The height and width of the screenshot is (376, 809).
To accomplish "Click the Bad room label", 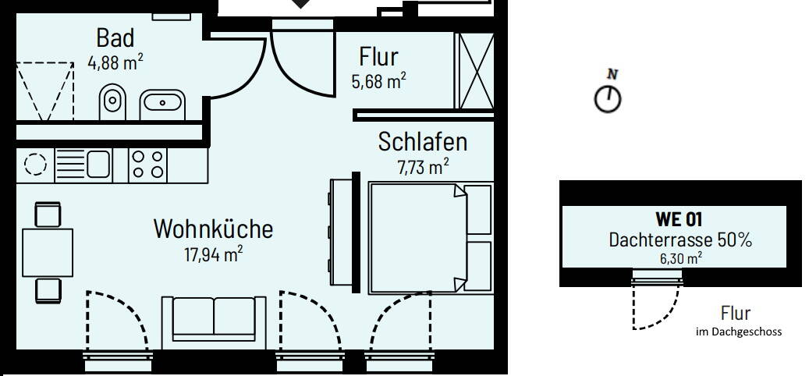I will pyautogui.click(x=115, y=37).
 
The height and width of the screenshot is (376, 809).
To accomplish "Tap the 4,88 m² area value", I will pyautogui.click(x=116, y=62).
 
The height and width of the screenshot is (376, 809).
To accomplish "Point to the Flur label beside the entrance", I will pyautogui.click(x=378, y=56).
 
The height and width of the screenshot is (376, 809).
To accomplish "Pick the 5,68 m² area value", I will pyautogui.click(x=379, y=80).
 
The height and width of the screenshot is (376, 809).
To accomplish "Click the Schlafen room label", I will pyautogui.click(x=422, y=142).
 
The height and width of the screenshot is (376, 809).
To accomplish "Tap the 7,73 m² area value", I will pyautogui.click(x=423, y=165).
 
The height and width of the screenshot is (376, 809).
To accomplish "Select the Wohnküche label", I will pyautogui.click(x=213, y=229).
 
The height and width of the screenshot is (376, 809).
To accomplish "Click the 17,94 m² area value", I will pyautogui.click(x=213, y=253).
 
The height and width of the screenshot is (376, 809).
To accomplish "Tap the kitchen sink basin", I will pyautogui.click(x=98, y=165).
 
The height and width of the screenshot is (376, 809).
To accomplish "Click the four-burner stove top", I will pyautogui.click(x=147, y=165).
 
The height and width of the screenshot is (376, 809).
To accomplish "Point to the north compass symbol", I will pyautogui.click(x=608, y=98).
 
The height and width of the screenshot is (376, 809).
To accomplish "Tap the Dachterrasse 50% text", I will pyautogui.click(x=679, y=240).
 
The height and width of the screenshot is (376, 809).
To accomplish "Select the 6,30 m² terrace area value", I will pyautogui.click(x=679, y=257).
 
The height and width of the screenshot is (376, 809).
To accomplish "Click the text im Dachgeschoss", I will pyautogui.click(x=738, y=332).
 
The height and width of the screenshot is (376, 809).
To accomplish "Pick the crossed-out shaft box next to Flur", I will pyautogui.click(x=474, y=72).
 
